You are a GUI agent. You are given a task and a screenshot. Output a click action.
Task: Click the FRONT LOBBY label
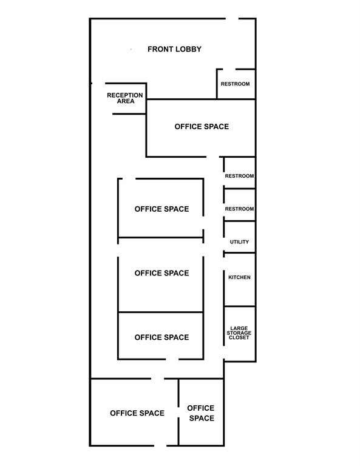click(174, 49)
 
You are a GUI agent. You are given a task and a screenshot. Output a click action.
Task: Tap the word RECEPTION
click(125, 95)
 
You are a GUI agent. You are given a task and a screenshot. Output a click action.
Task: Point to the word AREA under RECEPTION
click(126, 101)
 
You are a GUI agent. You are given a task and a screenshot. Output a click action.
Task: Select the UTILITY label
click(239, 242)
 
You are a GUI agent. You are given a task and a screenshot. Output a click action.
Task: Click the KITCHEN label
click(239, 277)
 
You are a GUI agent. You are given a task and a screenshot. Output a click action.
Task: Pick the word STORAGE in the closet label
click(239, 333)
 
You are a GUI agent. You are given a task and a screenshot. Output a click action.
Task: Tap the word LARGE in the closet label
click(239, 328)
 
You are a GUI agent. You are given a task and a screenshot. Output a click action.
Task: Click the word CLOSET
click(239, 337)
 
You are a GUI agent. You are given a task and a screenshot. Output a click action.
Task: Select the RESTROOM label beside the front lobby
click(235, 84)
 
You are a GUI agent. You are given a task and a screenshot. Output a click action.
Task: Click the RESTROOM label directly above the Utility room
click(239, 209)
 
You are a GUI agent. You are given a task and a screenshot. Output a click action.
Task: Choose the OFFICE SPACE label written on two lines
click(201, 413)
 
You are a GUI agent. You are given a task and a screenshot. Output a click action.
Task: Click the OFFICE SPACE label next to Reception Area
click(202, 127)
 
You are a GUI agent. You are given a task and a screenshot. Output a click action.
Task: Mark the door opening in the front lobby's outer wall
click(232, 18)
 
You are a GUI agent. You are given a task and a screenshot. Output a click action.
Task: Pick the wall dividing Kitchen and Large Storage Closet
click(240, 306)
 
